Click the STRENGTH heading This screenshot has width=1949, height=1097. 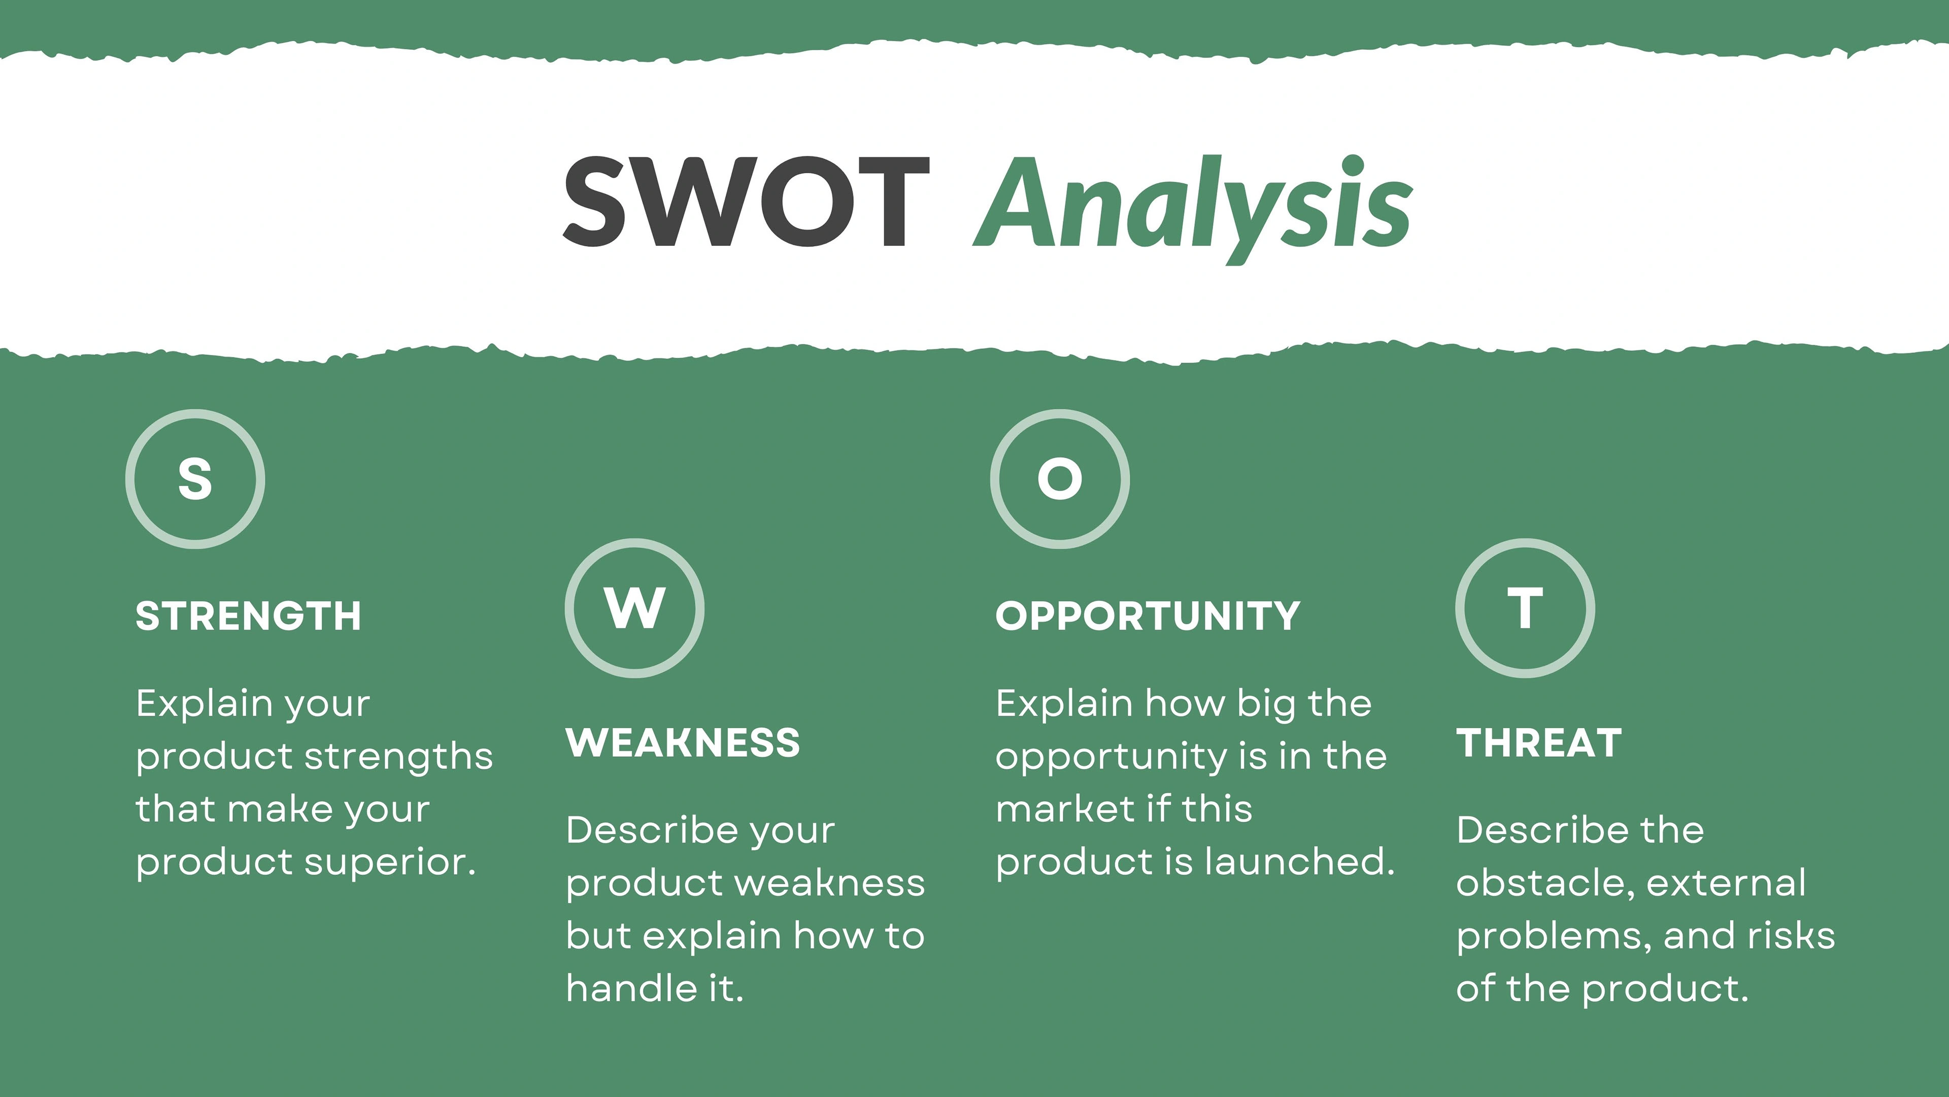click(249, 616)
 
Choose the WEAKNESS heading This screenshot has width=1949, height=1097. click(683, 742)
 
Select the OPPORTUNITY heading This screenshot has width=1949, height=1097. click(1148, 616)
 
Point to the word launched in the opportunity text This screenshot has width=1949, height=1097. click(1300, 861)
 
